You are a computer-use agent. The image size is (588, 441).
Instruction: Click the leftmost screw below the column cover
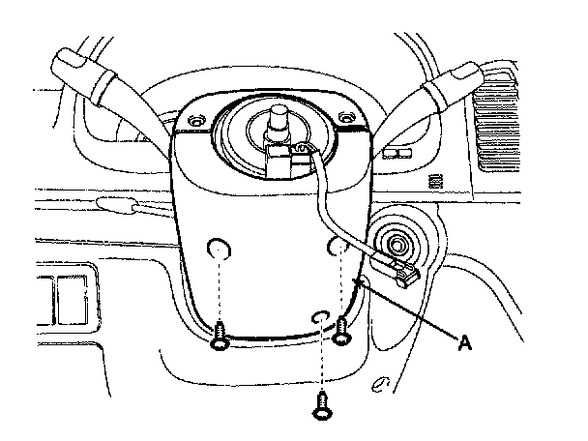click(x=220, y=335)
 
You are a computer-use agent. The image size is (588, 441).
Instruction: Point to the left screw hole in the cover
click(x=220, y=250)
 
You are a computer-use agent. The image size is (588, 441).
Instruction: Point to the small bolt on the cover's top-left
click(x=197, y=124)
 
